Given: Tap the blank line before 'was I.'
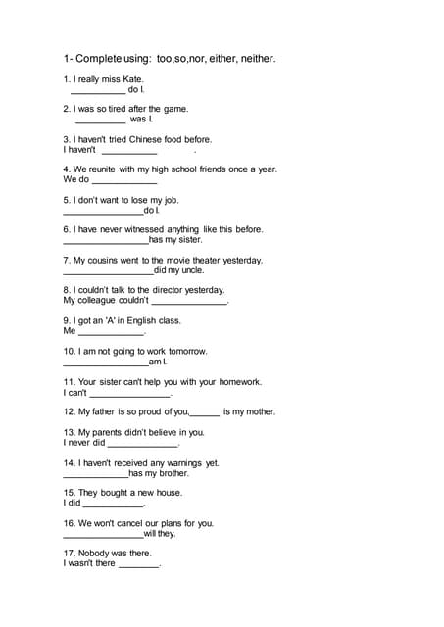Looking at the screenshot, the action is pyautogui.click(x=100, y=121).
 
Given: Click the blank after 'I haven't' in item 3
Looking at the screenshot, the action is pyautogui.click(x=128, y=152).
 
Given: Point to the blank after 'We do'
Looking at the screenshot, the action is pyautogui.click(x=124, y=181).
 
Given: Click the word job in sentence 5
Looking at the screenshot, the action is pyautogui.click(x=173, y=199).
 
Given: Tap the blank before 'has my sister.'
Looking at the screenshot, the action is pyautogui.click(x=105, y=241).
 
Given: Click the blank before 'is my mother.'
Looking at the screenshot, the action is pyautogui.click(x=204, y=414).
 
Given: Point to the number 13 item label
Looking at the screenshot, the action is pyautogui.click(x=69, y=432).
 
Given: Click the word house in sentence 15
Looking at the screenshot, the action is pyautogui.click(x=169, y=492).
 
